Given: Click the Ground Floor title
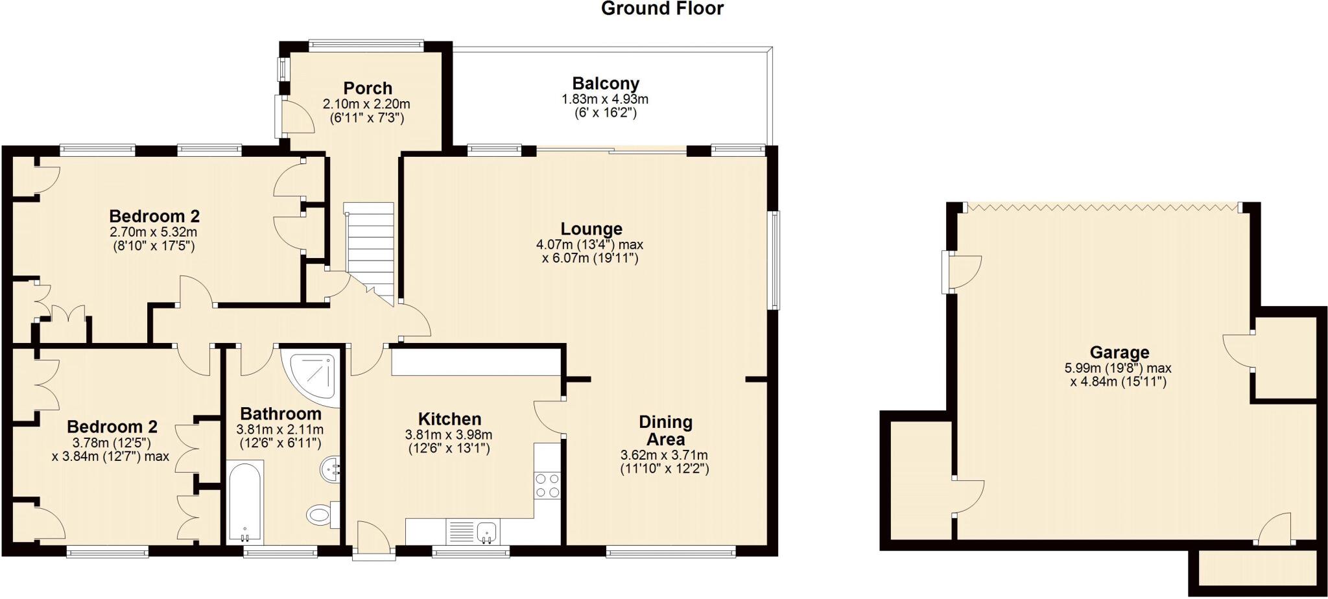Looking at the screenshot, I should click(x=661, y=9).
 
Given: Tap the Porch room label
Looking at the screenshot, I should click(x=368, y=88).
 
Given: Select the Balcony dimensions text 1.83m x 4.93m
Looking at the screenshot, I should click(x=604, y=99).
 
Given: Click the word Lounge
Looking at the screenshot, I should click(x=591, y=229).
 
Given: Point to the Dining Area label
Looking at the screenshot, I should click(x=665, y=430).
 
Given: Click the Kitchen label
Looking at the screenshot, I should click(x=449, y=419).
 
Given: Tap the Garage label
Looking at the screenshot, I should click(x=1119, y=352).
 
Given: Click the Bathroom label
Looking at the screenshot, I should click(x=280, y=414).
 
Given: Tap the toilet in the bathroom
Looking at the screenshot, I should click(x=320, y=515).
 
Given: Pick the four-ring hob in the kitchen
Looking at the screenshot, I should click(x=547, y=486).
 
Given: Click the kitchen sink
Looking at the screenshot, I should click(x=487, y=533).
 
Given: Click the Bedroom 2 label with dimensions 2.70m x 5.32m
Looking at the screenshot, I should click(x=154, y=216).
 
